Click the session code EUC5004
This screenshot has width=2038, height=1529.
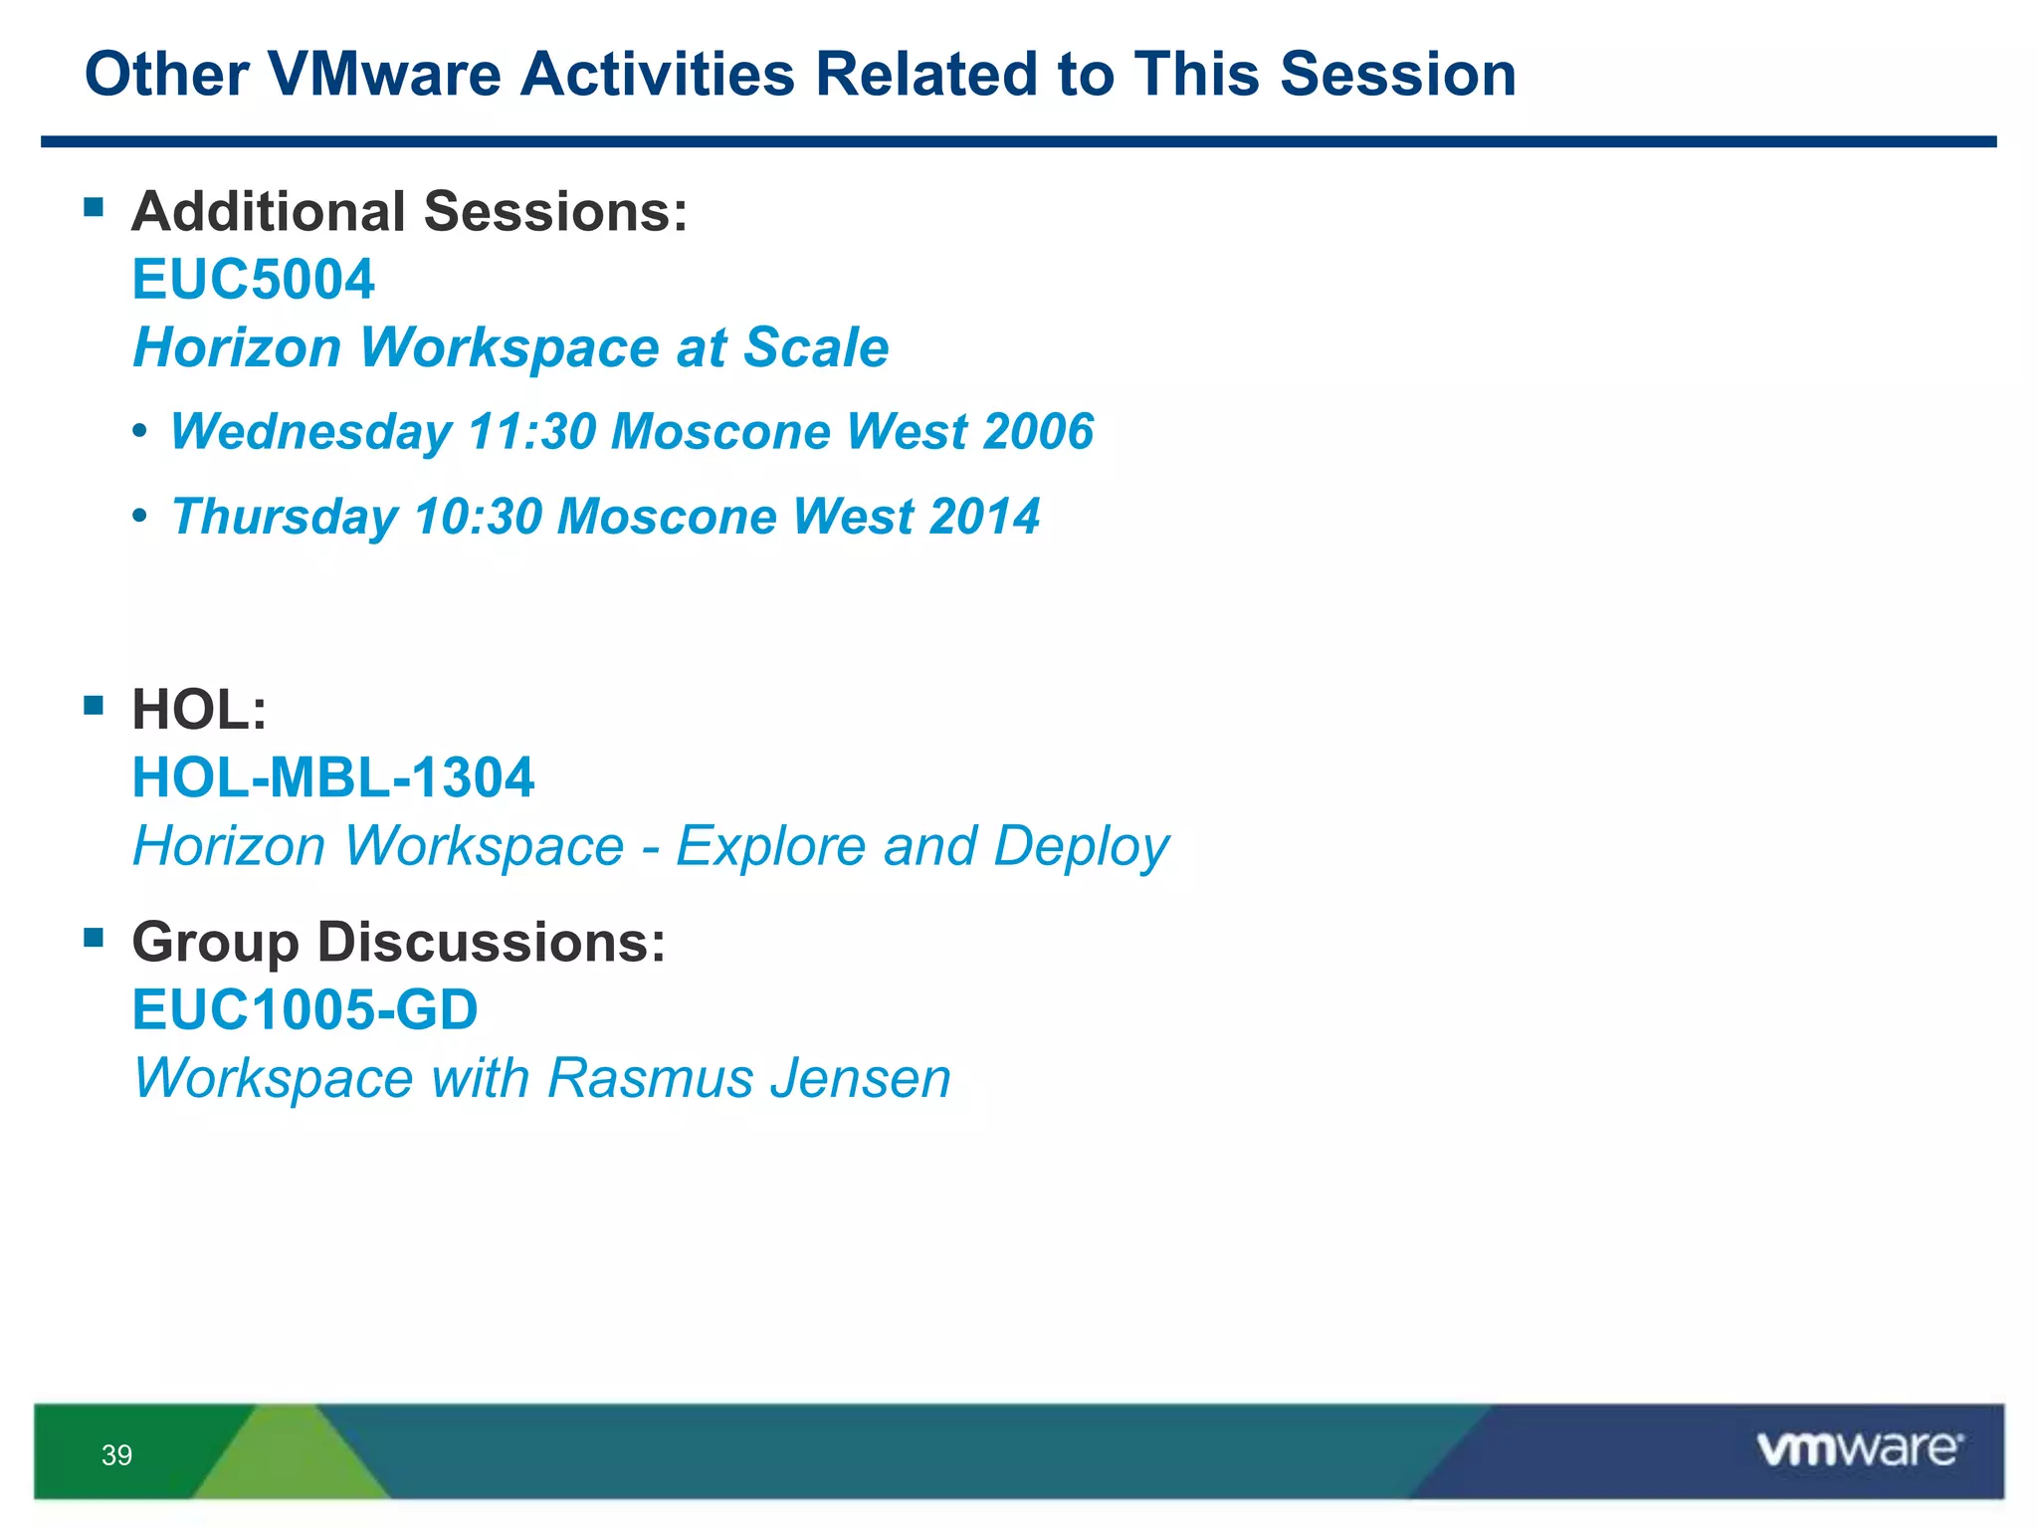253,279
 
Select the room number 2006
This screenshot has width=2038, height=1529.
1038,432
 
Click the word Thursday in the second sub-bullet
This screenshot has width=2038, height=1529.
285,517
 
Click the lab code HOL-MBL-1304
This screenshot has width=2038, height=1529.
333,777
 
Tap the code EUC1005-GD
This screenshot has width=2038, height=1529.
305,1010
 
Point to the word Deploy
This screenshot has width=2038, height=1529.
1081,847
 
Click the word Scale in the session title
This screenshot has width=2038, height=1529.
816,347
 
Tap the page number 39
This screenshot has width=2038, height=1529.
116,1455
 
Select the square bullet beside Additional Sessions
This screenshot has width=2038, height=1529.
95,207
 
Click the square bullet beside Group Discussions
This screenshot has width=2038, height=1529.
95,937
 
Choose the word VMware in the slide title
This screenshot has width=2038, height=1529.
384,75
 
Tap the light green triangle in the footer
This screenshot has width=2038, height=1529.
289,1458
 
